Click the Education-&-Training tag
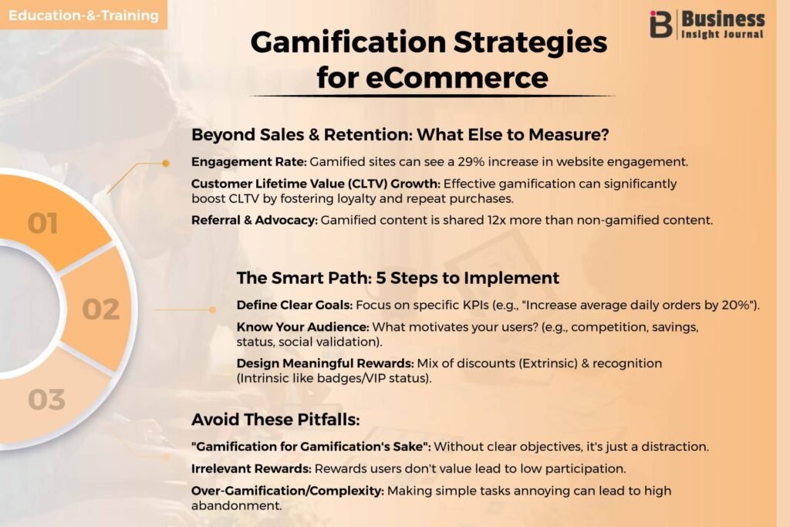pyautogui.click(x=83, y=15)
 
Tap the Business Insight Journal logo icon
pyautogui.click(x=661, y=24)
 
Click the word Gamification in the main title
pyautogui.click(x=348, y=42)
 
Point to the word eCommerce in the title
pyautogui.click(x=457, y=78)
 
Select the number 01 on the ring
pyautogui.click(x=43, y=223)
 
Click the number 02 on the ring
pyautogui.click(x=101, y=309)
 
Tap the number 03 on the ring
pyautogui.click(x=47, y=400)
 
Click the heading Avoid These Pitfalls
pyautogui.click(x=275, y=420)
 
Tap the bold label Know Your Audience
pyautogui.click(x=302, y=327)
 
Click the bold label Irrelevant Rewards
pyautogui.click(x=252, y=468)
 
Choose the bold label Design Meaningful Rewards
pyautogui.click(x=326, y=363)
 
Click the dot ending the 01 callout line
pyautogui.click(x=166, y=164)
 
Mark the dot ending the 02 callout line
pyautogui.click(x=213, y=310)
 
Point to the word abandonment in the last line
pyautogui.click(x=236, y=506)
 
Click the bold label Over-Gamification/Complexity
pyautogui.click(x=288, y=491)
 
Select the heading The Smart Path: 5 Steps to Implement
pyautogui.click(x=398, y=278)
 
